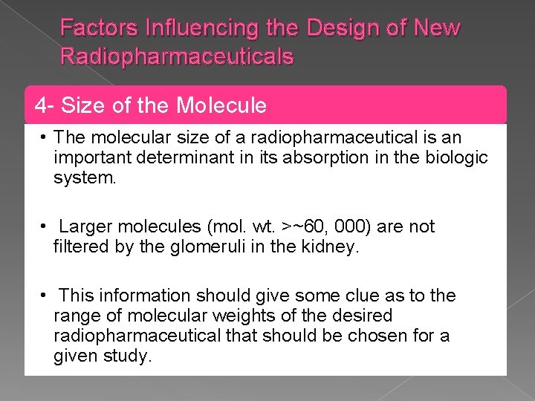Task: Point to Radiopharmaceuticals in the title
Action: tap(177, 56)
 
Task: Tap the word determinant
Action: tap(169, 158)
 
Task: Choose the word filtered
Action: tap(82, 247)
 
